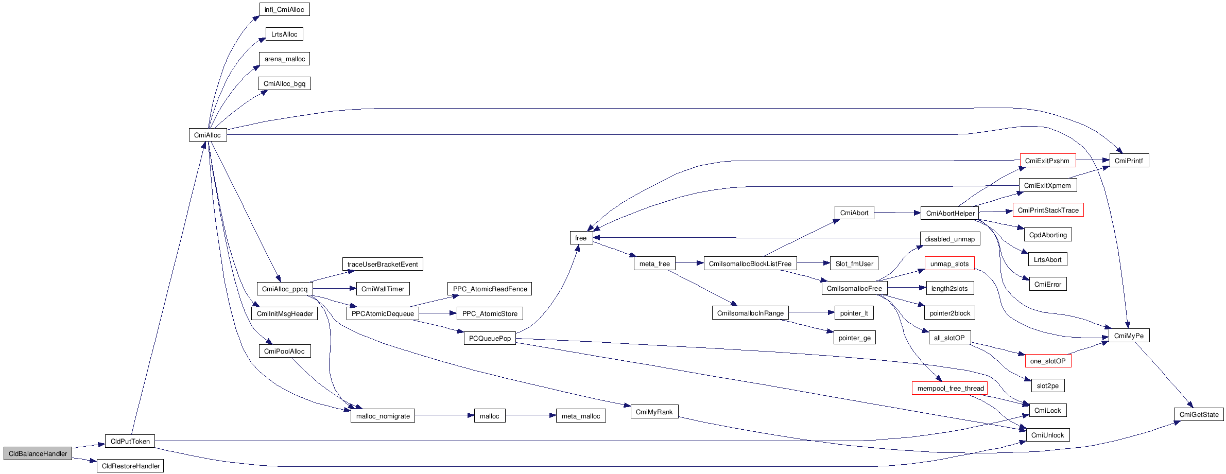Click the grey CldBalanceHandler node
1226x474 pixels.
click(x=38, y=453)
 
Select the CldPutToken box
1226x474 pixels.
click(x=130, y=441)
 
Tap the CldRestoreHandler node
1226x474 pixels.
click(x=130, y=466)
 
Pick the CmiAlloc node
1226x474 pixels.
click(x=208, y=135)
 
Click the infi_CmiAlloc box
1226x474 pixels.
click(x=284, y=9)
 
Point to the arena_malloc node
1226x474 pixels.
click(x=284, y=59)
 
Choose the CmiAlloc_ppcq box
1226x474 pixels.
click(x=284, y=289)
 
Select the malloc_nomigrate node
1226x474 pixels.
click(x=383, y=416)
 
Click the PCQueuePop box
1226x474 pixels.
click(x=490, y=338)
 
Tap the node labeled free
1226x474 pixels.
click(x=581, y=238)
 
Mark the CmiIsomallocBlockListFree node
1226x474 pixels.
click(x=750, y=264)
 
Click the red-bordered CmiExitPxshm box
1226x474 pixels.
click(x=1047, y=161)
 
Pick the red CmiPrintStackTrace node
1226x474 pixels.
click(x=1048, y=210)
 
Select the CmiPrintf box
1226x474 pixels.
click(x=1129, y=161)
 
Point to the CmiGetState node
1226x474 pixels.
click(x=1199, y=414)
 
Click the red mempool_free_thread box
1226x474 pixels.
click(x=950, y=388)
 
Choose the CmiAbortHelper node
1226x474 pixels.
click(x=950, y=213)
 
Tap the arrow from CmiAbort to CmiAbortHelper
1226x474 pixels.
click(x=897, y=213)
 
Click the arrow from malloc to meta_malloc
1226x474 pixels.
click(x=530, y=415)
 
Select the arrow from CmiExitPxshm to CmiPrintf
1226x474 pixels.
click(x=1093, y=160)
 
